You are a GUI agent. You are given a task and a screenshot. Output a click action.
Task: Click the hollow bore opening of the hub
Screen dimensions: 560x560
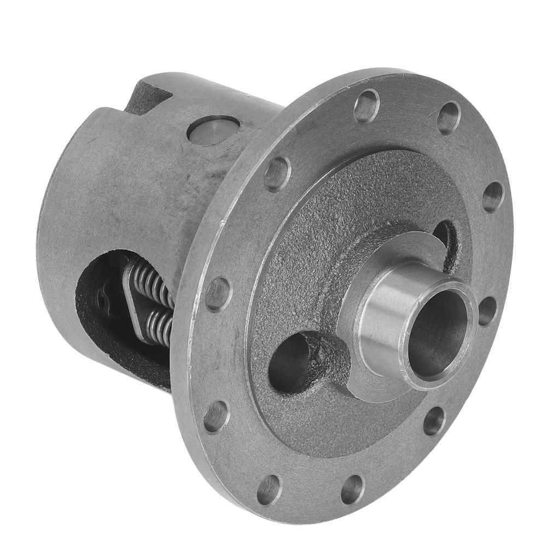(x=437, y=335)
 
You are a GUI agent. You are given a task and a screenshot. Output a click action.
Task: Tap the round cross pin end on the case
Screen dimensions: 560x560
(x=213, y=130)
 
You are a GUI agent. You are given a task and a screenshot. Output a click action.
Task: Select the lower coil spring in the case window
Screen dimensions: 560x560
(x=159, y=326)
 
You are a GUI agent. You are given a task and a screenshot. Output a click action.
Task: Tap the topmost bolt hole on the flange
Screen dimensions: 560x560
(x=366, y=106)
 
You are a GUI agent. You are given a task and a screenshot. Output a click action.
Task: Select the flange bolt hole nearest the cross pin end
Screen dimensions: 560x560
(x=277, y=173)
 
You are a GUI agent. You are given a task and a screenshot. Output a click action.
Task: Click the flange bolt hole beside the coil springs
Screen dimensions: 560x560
(x=218, y=294)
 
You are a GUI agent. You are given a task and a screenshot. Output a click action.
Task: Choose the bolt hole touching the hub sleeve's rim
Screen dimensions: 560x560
(x=487, y=311)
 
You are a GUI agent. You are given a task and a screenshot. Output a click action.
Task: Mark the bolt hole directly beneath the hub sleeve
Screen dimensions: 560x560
(x=434, y=421)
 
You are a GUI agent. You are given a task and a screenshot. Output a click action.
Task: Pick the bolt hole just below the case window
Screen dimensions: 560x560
(x=216, y=417)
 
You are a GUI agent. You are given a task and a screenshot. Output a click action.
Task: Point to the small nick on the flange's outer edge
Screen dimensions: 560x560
(x=222, y=223)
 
